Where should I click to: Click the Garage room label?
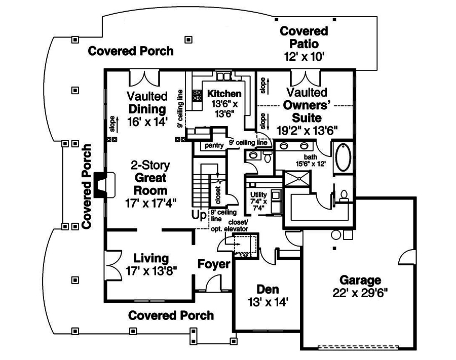(360, 280)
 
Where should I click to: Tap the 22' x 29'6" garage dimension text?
(360, 293)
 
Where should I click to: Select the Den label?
(268, 289)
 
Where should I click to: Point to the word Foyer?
(214, 264)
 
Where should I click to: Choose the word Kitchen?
(224, 94)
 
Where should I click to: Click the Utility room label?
(258, 194)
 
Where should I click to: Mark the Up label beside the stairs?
(199, 215)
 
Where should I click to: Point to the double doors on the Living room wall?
(112, 265)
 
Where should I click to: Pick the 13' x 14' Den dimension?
(268, 302)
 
